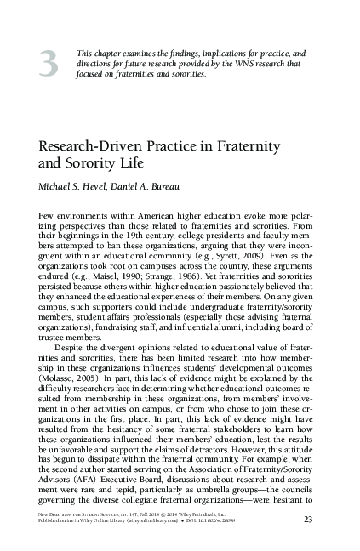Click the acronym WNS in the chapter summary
click(x=232, y=63)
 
